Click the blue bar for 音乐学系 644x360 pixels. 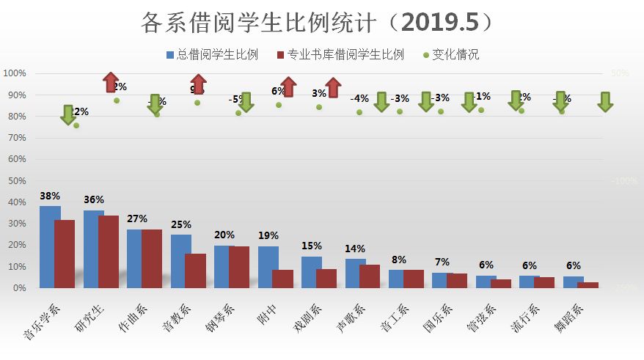click(50, 247)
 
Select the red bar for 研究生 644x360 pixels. click(109, 251)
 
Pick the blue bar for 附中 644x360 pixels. click(268, 267)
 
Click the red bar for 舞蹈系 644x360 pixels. click(588, 284)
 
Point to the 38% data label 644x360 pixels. click(50, 196)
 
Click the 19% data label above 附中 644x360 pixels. click(268, 236)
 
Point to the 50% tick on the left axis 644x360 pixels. click(17, 181)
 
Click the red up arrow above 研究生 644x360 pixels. click(110, 82)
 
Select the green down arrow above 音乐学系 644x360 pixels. click(67, 114)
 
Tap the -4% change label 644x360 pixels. click(359, 98)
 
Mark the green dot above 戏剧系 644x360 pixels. click(319, 107)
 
